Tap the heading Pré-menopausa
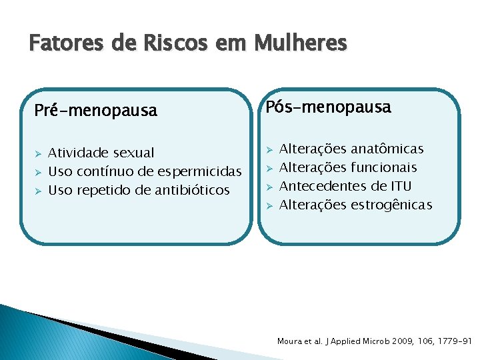95,111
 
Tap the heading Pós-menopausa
329,107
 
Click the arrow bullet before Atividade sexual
38,153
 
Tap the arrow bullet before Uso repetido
38,191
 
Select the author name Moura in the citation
290,341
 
